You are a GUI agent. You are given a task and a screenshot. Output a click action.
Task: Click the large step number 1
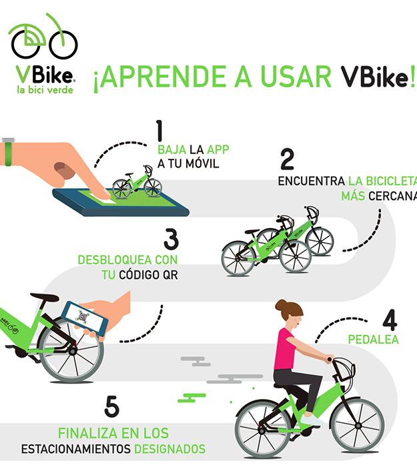[x=159, y=131]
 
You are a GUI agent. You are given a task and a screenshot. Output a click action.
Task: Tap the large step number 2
[x=287, y=159]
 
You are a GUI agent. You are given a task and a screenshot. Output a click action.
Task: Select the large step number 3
[x=171, y=239]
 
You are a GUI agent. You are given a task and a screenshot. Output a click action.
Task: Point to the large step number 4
[x=390, y=320]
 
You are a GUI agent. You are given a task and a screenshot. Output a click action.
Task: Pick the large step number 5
[x=111, y=406]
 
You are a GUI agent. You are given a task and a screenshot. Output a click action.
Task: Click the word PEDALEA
[x=373, y=340]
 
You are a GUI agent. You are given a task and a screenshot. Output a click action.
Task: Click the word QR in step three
[x=170, y=275]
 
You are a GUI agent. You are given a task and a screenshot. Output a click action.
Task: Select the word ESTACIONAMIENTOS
[x=75, y=449]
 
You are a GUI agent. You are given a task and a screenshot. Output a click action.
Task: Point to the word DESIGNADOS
[x=169, y=449]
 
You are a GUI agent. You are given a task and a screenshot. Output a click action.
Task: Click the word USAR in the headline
[x=296, y=76]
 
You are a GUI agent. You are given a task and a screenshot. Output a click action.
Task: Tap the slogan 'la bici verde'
[x=45, y=89]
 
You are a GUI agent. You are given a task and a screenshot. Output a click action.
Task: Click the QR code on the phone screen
[x=83, y=317]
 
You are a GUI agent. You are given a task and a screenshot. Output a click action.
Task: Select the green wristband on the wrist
[x=8, y=154]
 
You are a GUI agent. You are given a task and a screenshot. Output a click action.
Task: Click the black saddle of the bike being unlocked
[x=45, y=298]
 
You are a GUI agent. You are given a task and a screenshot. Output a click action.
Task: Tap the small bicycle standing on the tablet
[x=137, y=182]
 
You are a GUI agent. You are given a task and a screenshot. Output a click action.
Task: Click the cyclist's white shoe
[x=312, y=420]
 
